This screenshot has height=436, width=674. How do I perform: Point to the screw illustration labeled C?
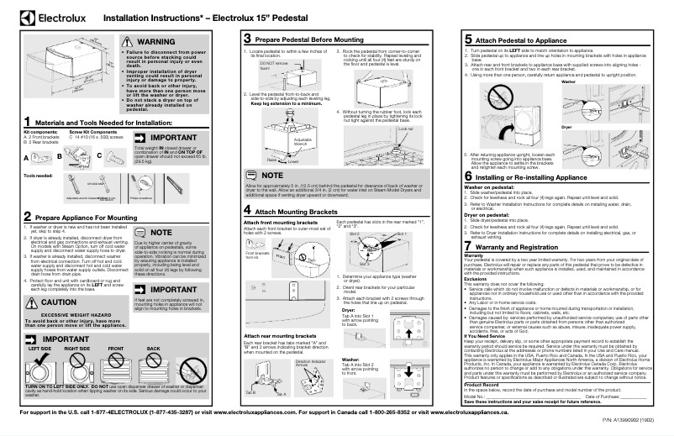coord(109,157)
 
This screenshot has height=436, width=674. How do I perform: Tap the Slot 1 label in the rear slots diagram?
coord(400,209)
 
